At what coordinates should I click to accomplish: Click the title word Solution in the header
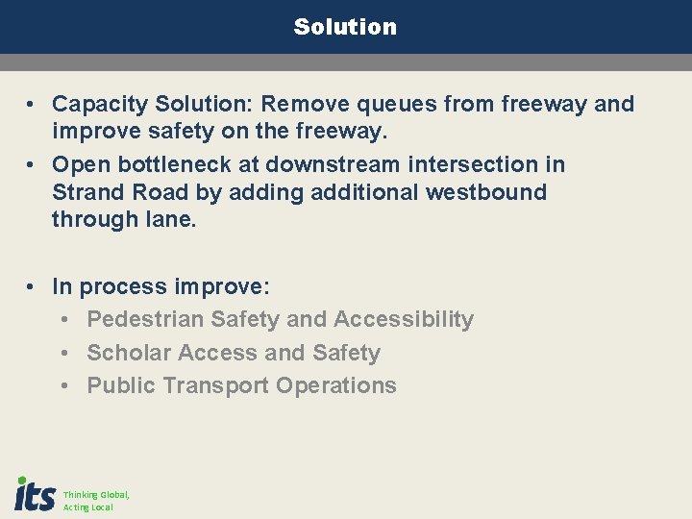click(345, 27)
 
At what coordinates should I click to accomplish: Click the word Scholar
click(126, 353)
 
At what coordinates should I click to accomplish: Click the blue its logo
click(35, 494)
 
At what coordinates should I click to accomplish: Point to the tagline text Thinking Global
click(96, 495)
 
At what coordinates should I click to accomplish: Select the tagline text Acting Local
click(88, 507)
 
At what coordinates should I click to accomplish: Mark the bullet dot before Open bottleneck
click(32, 165)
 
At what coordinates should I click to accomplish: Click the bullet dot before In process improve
click(32, 286)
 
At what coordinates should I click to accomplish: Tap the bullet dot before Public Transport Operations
click(65, 386)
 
